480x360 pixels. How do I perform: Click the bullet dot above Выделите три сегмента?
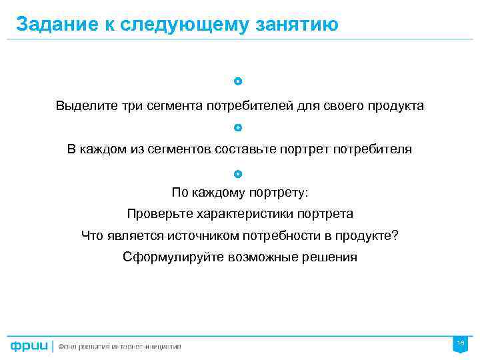(x=239, y=81)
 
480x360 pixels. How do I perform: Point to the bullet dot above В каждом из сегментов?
(x=239, y=127)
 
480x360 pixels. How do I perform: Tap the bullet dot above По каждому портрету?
(x=239, y=174)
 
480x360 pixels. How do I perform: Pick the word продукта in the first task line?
(x=395, y=106)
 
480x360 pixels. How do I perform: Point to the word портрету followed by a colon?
(x=279, y=193)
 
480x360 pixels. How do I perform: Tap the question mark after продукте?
(x=395, y=235)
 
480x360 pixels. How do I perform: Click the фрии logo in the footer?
(x=28, y=346)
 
